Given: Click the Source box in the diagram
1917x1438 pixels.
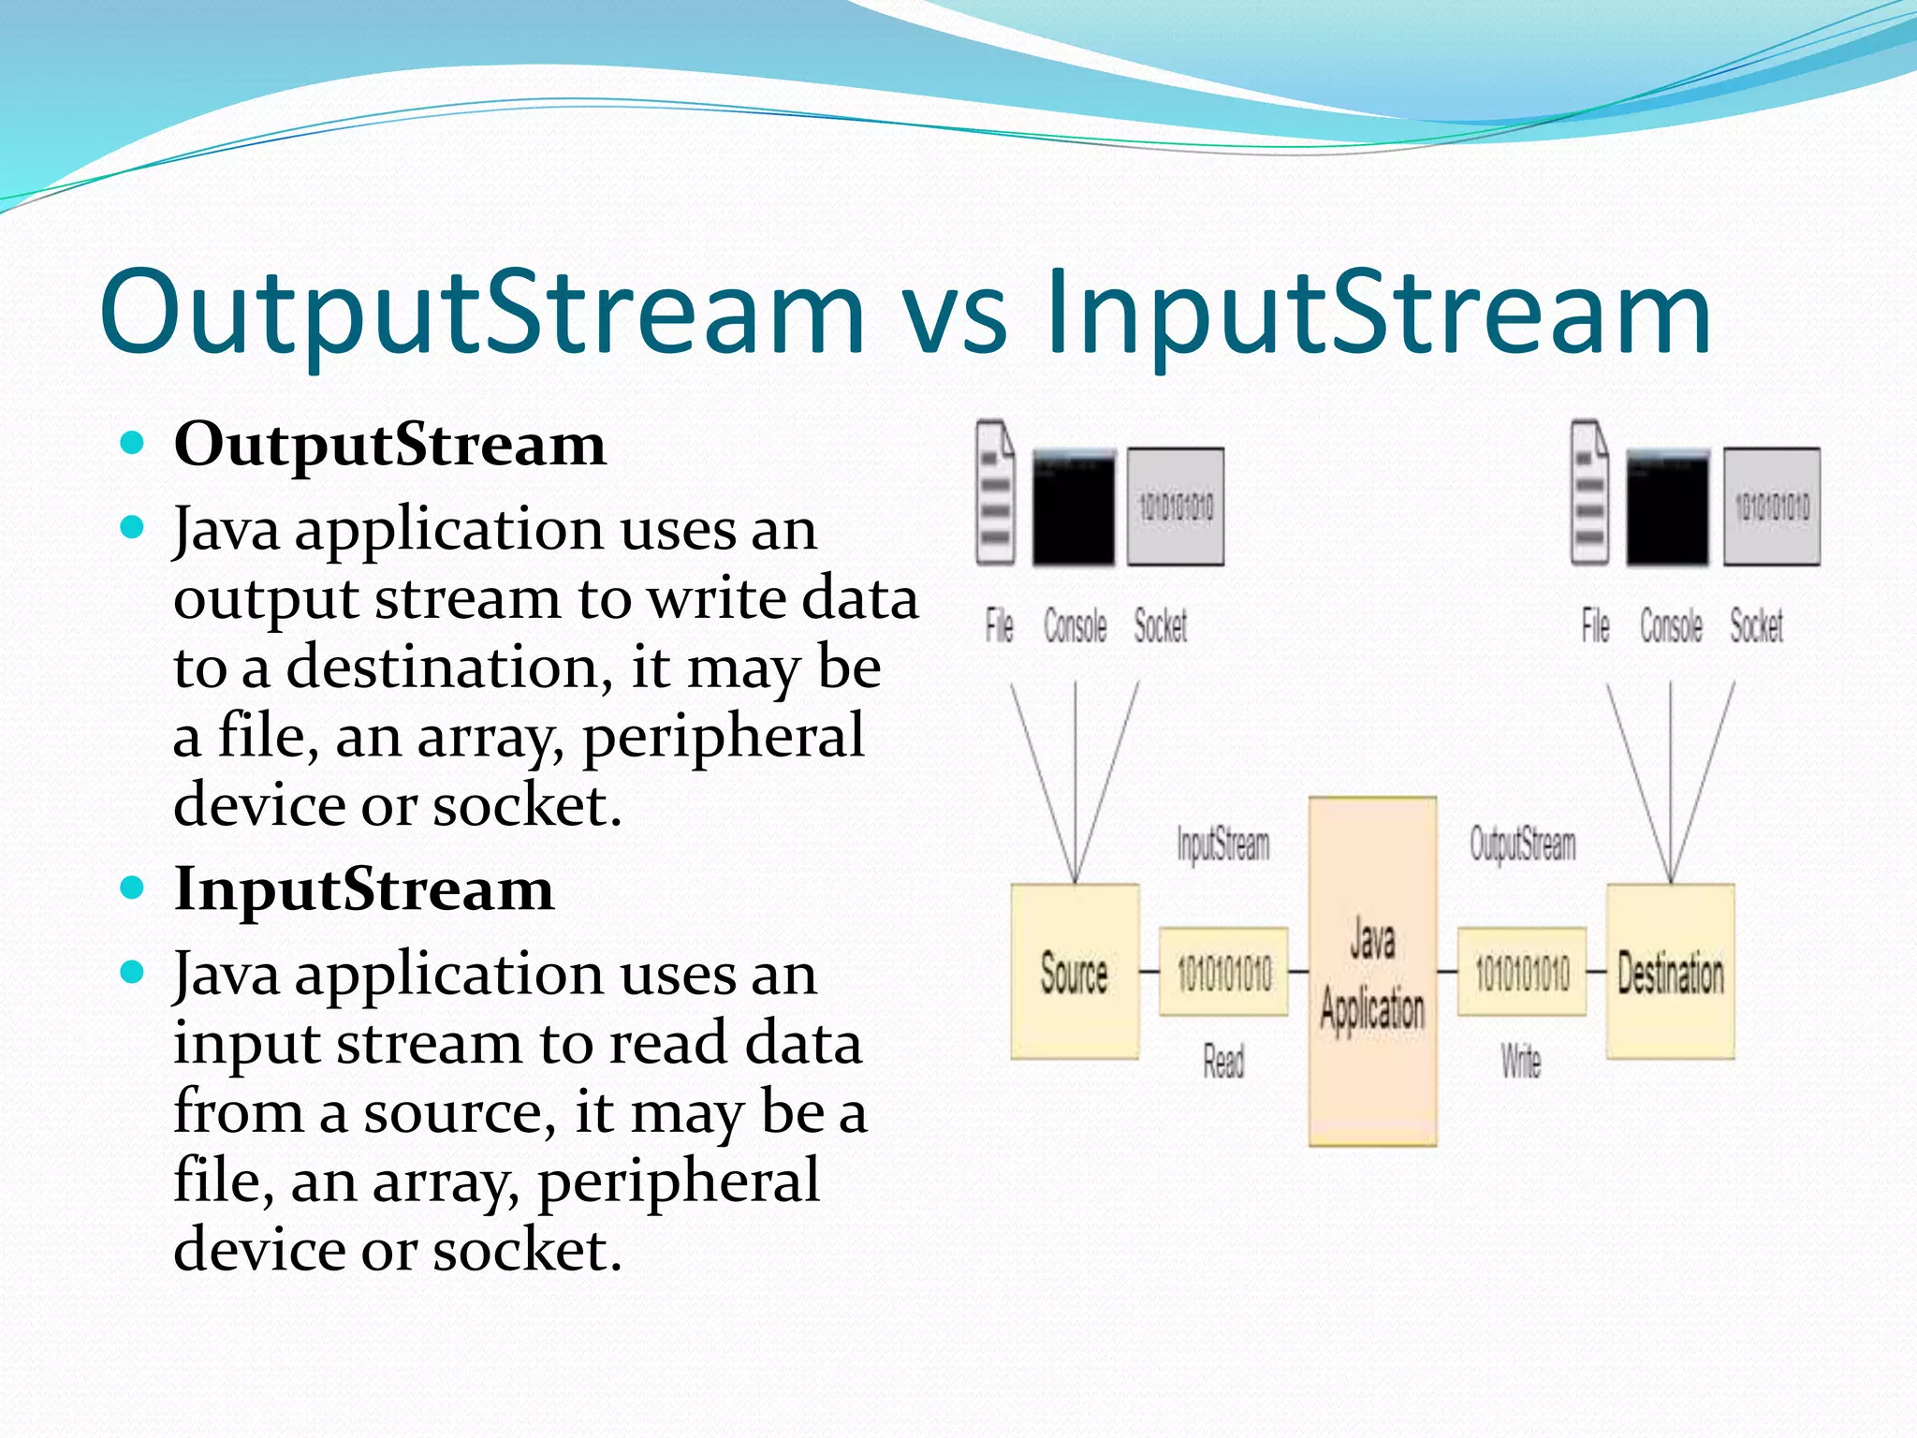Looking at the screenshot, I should [x=1075, y=972].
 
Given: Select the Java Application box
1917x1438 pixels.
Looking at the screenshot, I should [x=1372, y=972].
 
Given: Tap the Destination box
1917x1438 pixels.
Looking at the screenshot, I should [x=1671, y=972].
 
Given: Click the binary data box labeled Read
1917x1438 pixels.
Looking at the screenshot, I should [x=1223, y=972].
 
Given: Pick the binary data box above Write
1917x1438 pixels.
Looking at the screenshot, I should [x=1522, y=972].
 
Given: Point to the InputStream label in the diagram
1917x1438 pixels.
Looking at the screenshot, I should [x=1222, y=844].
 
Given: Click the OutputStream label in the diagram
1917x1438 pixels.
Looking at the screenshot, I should [x=1522, y=844].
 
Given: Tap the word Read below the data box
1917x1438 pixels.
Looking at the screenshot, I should [x=1223, y=1062].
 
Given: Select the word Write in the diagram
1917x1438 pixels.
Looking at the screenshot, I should [x=1521, y=1062].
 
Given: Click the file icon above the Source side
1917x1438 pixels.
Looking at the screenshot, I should [x=995, y=493].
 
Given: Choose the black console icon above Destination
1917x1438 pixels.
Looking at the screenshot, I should [x=1667, y=506].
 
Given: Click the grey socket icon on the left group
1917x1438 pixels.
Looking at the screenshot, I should [x=1176, y=506].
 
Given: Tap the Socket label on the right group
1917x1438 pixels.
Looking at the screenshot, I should [x=1756, y=625].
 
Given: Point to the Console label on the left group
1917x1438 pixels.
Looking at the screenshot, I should [x=1075, y=625].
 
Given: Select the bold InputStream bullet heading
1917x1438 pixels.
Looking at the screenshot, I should [x=363, y=888].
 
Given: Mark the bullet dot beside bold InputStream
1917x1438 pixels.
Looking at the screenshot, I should [x=133, y=887].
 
